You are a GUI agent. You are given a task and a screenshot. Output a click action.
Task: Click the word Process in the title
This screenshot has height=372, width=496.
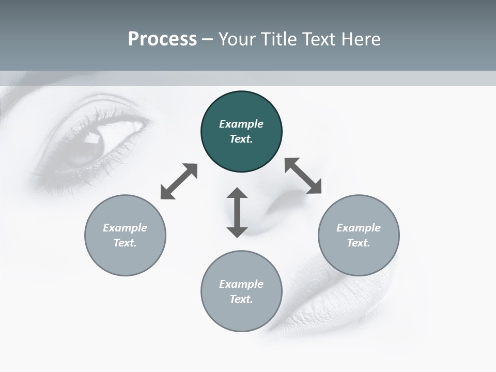[162, 39]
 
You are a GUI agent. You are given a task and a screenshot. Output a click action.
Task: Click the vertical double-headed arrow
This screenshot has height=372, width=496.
[237, 212]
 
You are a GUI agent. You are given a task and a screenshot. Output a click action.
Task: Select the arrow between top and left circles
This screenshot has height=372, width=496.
[179, 181]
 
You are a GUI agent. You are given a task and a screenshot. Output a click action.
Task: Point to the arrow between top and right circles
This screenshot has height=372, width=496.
[303, 176]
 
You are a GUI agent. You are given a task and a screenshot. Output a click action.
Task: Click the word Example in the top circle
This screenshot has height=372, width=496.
[241, 124]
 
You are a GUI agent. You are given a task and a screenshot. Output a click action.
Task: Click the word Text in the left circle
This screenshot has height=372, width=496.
[125, 243]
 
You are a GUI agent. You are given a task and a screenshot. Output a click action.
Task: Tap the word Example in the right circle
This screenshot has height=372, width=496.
[359, 228]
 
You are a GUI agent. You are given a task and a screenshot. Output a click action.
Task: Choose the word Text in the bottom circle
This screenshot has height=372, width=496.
[241, 299]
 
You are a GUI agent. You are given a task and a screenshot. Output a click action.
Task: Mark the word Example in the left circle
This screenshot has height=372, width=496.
[125, 228]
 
